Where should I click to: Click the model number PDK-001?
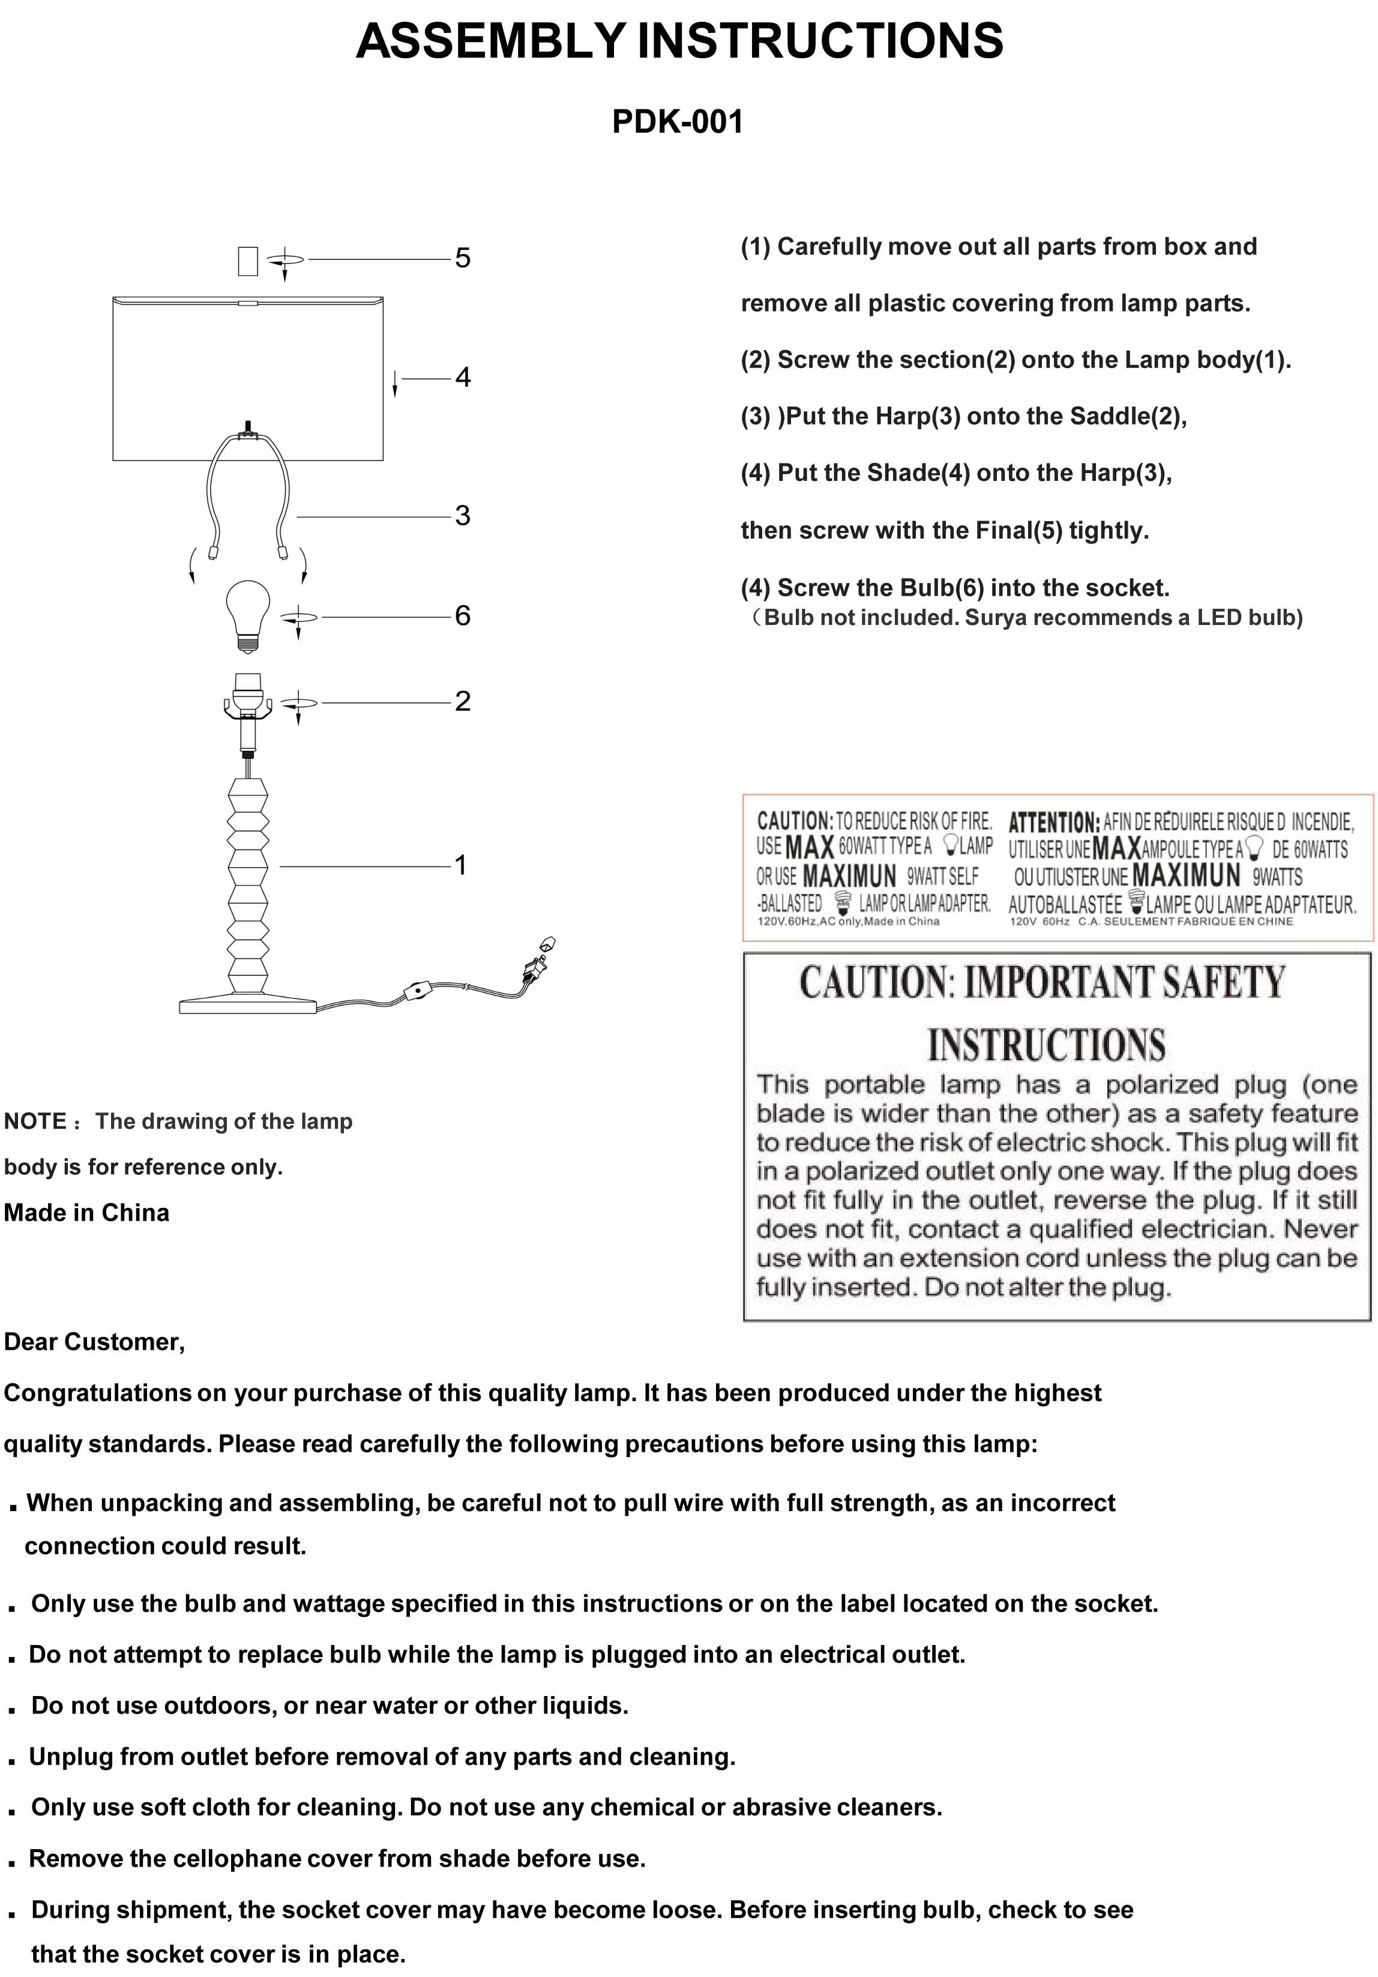pyautogui.click(x=678, y=121)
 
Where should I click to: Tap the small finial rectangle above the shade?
pyautogui.click(x=248, y=261)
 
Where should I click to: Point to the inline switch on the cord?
pyautogui.click(x=418, y=993)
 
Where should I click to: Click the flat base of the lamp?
pyautogui.click(x=248, y=1005)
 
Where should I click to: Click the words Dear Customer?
pyautogui.click(x=95, y=1342)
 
